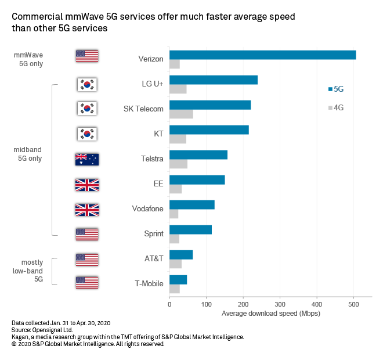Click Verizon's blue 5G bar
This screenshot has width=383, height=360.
[262, 55]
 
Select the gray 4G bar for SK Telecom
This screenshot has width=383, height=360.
[181, 114]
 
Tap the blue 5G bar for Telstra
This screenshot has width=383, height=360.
[198, 154]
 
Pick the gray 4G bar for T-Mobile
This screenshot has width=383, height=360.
[175, 289]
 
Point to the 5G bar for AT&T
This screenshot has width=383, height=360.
[181, 254]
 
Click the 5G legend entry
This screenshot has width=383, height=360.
[336, 89]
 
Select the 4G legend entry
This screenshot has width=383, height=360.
[336, 107]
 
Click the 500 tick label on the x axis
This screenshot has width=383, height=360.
[354, 303]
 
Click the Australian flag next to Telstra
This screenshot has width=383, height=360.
[87, 159]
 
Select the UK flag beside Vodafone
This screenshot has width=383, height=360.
[87, 209]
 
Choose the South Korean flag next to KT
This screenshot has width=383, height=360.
[87, 134]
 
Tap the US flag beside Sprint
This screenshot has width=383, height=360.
[87, 234]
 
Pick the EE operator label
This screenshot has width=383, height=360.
[158, 184]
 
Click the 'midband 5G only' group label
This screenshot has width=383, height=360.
[28, 154]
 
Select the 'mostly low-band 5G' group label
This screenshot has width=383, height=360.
[28, 271]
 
